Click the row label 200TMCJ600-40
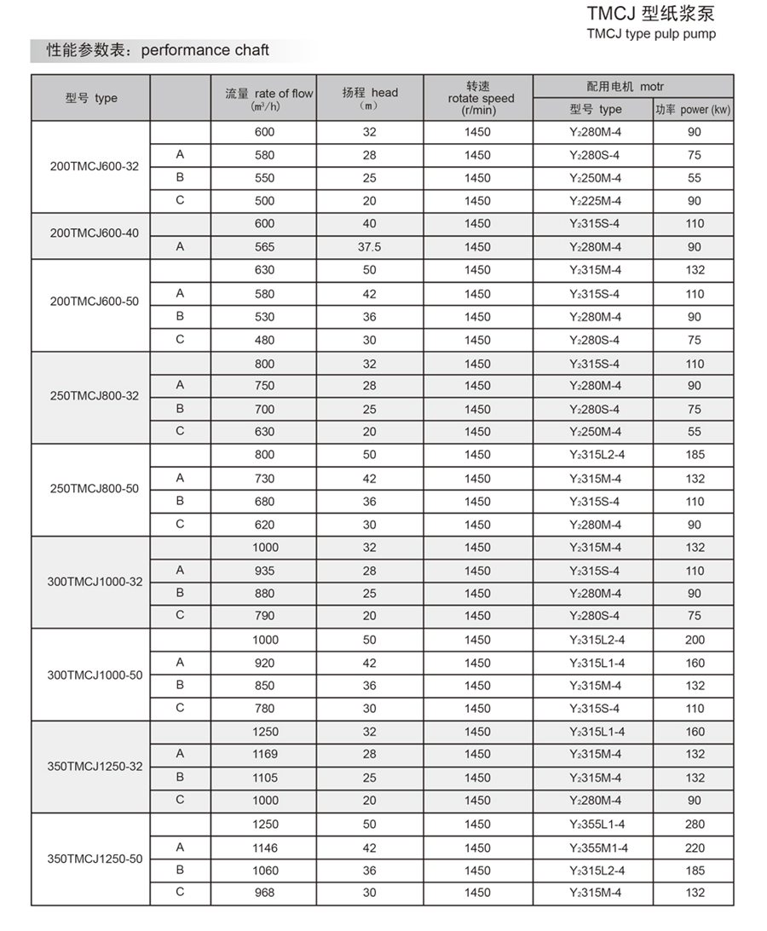tap(94, 234)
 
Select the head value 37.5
tap(369, 247)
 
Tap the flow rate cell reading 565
tap(265, 247)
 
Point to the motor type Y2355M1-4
tap(597, 848)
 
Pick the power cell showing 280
tap(695, 825)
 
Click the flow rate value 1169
tap(265, 754)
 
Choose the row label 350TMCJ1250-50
tap(95, 859)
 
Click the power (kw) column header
tap(693, 109)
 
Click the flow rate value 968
tap(265, 893)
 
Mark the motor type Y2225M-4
tap(595, 201)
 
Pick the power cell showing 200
tap(695, 640)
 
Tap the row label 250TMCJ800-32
tap(94, 396)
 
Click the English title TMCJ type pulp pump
tap(651, 34)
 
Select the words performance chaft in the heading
tap(205, 50)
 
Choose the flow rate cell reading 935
tap(265, 571)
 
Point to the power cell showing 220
tap(695, 848)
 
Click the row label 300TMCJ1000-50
tap(95, 675)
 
